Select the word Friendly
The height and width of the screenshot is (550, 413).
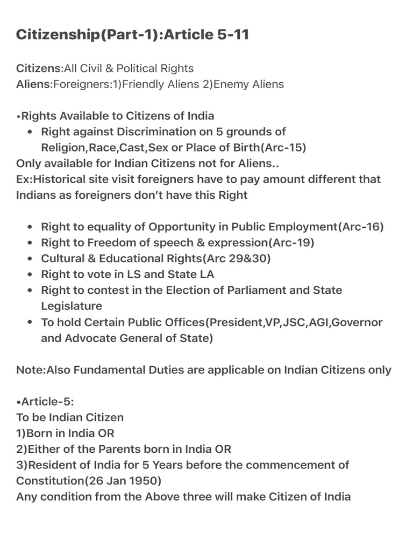[141, 84]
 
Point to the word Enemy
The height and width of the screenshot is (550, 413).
[232, 84]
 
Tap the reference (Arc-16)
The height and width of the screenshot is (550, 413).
[361, 227]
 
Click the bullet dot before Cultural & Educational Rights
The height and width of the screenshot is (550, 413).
[30, 258]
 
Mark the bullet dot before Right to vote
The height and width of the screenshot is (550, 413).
[30, 274]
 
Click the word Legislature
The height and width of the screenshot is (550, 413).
[71, 306]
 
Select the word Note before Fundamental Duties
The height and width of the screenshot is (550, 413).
[30, 370]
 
